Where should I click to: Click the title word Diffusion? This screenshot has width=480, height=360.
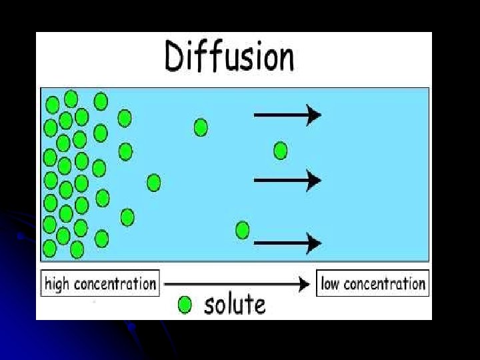tap(229, 57)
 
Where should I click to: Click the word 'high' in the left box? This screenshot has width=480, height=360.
tap(57, 284)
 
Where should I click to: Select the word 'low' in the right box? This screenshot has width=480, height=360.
tap(330, 284)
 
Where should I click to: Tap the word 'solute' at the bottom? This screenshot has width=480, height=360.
tap(235, 305)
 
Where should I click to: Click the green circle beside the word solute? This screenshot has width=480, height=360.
tap(185, 305)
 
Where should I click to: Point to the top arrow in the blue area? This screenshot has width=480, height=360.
tap(287, 115)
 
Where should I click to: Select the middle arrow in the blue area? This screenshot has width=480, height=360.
tap(287, 179)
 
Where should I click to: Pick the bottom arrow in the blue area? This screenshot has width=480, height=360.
tap(287, 243)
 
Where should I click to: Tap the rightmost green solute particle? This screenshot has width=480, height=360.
tap(281, 151)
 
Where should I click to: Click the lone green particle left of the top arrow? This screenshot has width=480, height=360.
tap(201, 127)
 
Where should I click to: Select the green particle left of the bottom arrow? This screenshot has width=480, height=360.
tap(243, 230)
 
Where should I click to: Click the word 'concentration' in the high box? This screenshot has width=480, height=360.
tap(115, 284)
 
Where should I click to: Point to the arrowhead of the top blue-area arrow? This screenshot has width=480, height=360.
tap(314, 115)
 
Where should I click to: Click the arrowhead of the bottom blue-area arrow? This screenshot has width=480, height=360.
tap(314, 243)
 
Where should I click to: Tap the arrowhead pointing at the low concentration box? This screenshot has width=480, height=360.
tap(305, 285)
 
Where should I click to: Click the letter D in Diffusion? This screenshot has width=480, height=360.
tap(177, 57)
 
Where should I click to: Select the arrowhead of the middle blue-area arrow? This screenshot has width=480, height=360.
tap(314, 179)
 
